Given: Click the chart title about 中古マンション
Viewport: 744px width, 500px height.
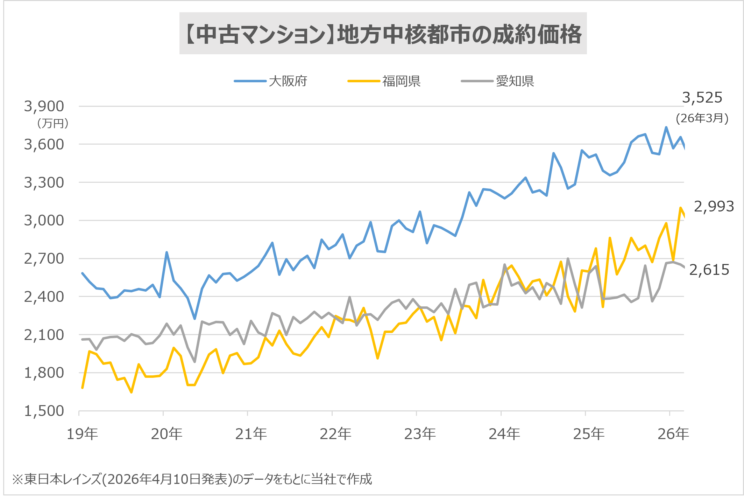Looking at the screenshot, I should (x=383, y=34).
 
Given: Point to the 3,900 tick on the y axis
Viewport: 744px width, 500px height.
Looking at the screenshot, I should (x=44, y=106).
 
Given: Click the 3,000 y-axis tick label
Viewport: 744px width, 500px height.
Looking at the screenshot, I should (x=44, y=220).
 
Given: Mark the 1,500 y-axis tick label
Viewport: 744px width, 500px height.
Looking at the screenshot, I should (x=44, y=411).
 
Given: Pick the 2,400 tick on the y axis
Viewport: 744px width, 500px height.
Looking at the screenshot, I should (x=44, y=297).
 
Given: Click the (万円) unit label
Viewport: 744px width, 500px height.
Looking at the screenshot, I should (x=52, y=123).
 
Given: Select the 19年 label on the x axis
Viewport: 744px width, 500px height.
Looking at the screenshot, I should (x=83, y=434).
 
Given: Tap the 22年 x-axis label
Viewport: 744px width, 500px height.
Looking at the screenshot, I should (x=335, y=434).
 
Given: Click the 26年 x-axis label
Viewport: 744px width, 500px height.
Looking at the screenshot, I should (x=673, y=434).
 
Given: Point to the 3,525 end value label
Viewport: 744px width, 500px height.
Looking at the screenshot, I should (x=702, y=97).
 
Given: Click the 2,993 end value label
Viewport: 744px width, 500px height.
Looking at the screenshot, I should (x=714, y=207).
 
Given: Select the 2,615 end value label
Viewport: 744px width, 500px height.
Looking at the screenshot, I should (x=709, y=270).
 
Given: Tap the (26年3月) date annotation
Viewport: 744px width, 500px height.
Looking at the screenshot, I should (x=702, y=118).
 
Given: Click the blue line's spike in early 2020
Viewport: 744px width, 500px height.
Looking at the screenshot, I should (x=166, y=252).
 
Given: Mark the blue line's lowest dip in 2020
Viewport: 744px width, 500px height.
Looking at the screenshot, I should (x=195, y=319).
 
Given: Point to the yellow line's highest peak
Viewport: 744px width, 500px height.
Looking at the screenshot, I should (x=680, y=208).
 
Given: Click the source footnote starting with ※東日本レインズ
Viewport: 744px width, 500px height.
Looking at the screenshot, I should (x=192, y=479).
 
